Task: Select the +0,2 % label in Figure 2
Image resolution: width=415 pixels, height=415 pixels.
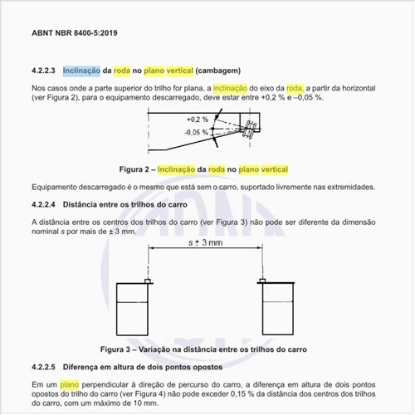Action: click(197, 120)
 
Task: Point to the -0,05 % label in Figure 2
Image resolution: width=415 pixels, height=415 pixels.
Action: click(196, 132)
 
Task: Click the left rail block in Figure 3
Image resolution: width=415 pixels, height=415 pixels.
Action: click(133, 307)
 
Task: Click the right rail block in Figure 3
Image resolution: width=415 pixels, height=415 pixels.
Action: click(278, 307)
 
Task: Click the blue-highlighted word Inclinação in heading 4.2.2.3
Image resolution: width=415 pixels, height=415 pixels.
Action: click(83, 71)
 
